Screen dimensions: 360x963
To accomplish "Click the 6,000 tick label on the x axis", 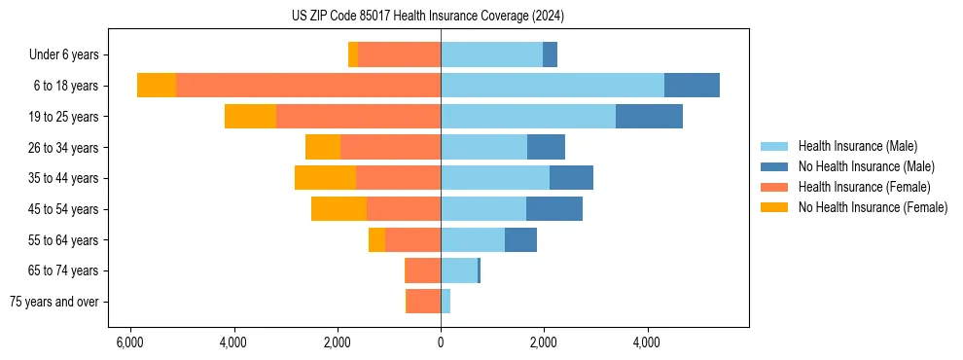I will [129, 342].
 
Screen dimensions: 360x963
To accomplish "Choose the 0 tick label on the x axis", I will [441, 342].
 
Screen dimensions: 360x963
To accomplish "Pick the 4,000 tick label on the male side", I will [647, 342].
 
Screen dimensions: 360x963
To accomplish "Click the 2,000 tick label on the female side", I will [337, 342].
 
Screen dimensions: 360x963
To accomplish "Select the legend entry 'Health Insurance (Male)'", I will [857, 146].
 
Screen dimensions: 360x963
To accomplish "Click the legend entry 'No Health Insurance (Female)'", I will [873, 207].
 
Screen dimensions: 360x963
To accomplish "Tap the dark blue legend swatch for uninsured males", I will [775, 166].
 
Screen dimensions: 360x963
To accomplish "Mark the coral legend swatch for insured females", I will [775, 187].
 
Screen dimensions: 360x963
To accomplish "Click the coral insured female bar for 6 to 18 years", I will [307, 86].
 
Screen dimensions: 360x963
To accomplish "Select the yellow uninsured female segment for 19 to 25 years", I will [250, 117].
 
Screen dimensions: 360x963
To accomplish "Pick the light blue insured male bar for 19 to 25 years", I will [527, 117].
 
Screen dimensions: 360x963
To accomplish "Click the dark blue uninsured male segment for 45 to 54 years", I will [554, 209].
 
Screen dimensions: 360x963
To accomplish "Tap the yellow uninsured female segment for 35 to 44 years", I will [325, 178].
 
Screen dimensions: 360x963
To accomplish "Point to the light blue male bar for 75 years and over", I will [445, 302].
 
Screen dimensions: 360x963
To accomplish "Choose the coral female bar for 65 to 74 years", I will [423, 270].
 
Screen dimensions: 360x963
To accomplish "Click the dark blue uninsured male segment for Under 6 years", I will [550, 55].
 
